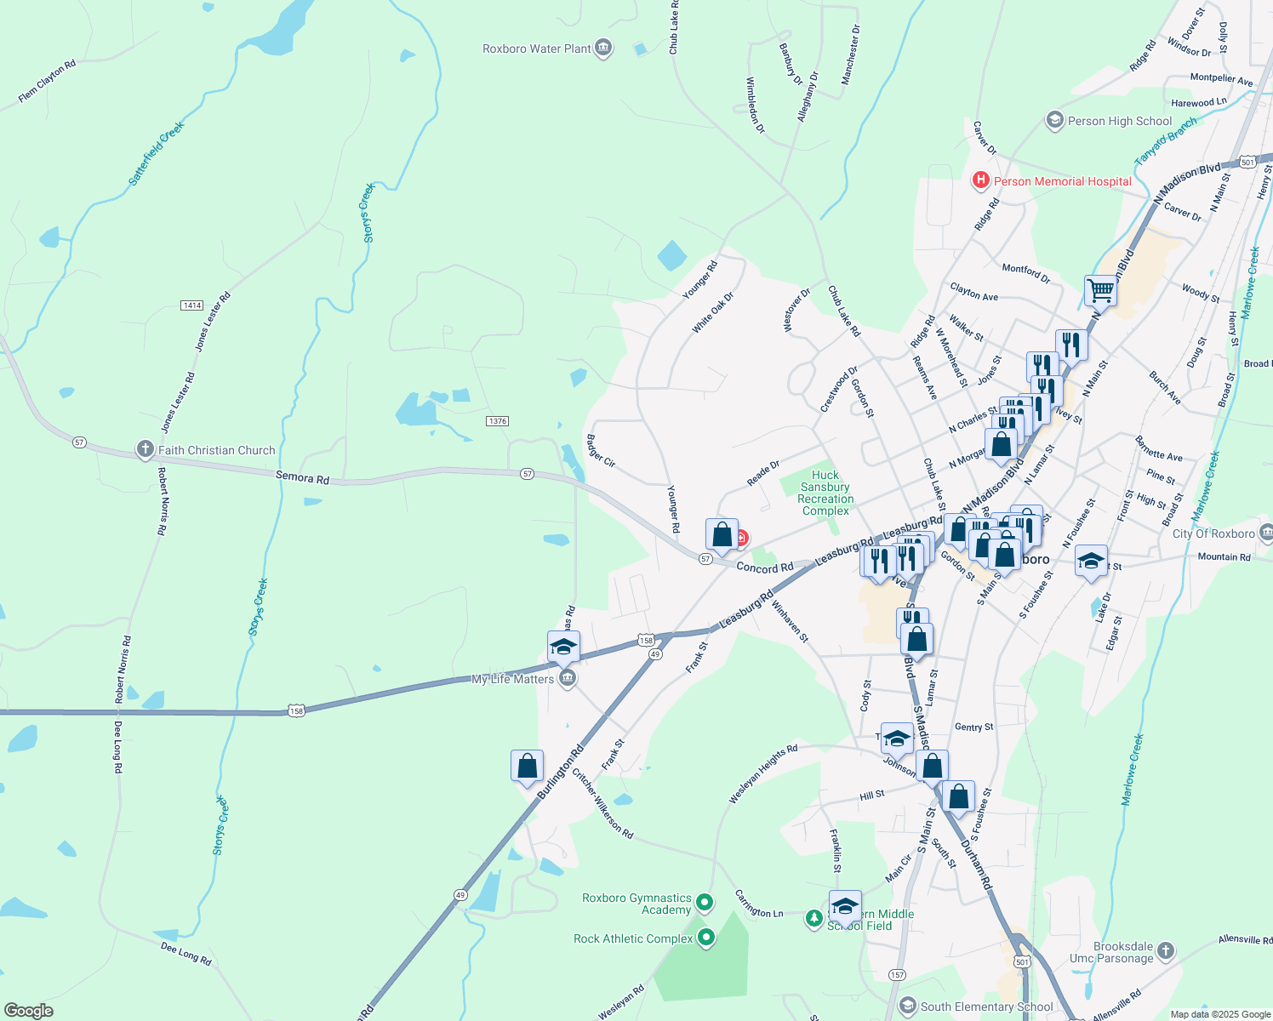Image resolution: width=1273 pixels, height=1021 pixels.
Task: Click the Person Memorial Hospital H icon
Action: (x=981, y=180)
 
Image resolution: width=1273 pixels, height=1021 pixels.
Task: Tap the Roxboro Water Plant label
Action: (x=536, y=48)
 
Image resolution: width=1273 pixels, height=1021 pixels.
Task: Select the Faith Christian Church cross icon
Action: (x=145, y=449)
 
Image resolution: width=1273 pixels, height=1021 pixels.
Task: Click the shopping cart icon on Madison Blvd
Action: (x=1100, y=290)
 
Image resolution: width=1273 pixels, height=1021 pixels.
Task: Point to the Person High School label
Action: (x=1119, y=121)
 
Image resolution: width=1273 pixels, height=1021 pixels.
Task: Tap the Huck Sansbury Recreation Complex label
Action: (x=825, y=493)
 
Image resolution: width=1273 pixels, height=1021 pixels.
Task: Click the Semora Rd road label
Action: (x=302, y=478)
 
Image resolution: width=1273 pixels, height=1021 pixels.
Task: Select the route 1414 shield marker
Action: (x=191, y=305)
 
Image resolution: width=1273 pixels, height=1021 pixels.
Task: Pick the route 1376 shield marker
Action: (x=498, y=421)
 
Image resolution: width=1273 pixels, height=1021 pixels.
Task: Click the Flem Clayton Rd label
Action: (x=47, y=82)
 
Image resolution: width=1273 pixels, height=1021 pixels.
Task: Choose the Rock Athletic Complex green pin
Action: (x=706, y=938)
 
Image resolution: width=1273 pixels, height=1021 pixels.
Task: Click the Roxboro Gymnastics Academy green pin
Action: (x=705, y=901)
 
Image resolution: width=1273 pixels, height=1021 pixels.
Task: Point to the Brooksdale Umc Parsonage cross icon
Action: (x=1166, y=950)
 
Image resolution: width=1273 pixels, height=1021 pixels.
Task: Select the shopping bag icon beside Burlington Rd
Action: (x=527, y=766)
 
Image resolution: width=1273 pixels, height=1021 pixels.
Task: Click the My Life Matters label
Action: (x=512, y=679)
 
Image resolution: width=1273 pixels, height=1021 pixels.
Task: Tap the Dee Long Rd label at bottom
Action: (x=186, y=953)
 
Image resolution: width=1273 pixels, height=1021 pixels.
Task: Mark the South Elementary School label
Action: (x=986, y=1007)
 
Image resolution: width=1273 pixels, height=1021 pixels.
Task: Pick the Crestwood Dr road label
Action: (x=838, y=390)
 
